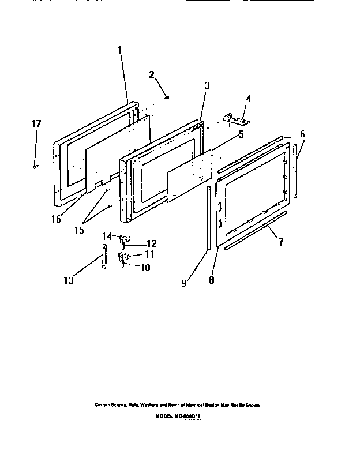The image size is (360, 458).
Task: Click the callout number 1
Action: (119, 50)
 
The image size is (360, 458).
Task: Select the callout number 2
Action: (151, 74)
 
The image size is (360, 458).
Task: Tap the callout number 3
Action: (207, 86)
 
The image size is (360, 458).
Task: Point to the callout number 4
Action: (248, 99)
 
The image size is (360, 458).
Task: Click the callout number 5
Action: (241, 135)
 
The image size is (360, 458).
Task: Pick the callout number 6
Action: (302, 134)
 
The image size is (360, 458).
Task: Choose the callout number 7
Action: (281, 242)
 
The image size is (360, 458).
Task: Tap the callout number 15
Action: (79, 230)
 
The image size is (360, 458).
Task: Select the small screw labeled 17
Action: (35, 167)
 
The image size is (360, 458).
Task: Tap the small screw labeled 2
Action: (167, 98)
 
